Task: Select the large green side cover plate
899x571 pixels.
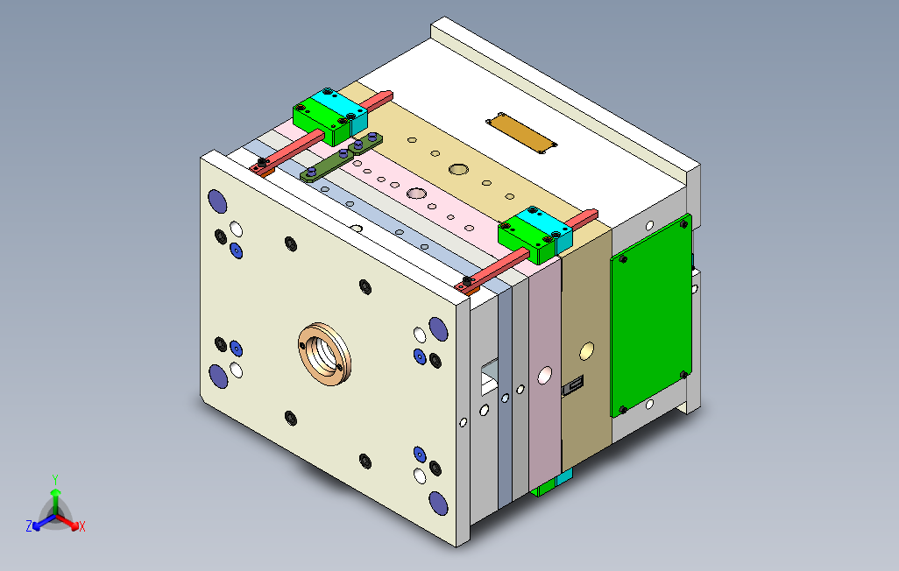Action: (651, 315)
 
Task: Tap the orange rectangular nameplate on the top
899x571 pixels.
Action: (521, 133)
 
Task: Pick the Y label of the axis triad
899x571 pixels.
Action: (55, 479)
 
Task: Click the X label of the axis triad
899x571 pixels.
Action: (82, 526)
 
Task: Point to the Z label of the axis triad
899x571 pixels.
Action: (29, 525)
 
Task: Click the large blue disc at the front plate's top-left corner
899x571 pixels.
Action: (217, 201)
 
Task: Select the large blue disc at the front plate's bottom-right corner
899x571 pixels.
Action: (439, 504)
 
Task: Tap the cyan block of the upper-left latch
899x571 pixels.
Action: (341, 108)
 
